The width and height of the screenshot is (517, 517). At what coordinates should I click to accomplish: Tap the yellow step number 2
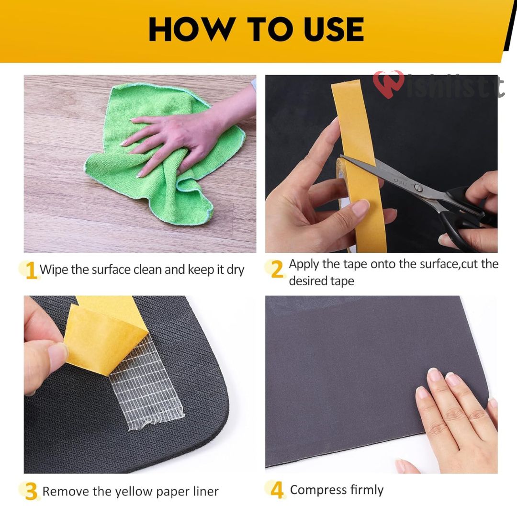(277, 270)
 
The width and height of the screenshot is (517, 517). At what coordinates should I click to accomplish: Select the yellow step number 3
(31, 492)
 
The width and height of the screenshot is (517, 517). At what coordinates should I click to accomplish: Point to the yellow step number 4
(277, 490)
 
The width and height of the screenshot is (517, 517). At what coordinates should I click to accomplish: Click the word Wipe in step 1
(54, 270)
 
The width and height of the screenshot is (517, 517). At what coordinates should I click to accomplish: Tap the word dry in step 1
(236, 270)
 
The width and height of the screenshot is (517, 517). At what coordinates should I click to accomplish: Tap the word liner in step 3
(204, 492)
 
